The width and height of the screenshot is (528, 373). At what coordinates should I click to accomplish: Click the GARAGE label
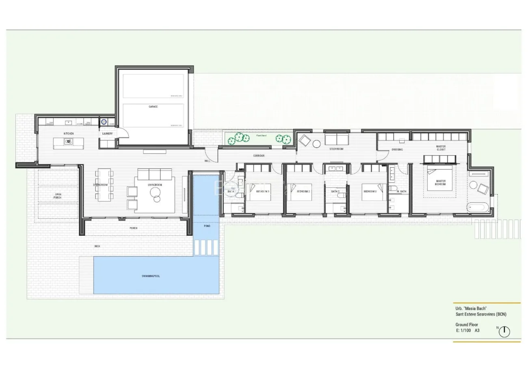153,107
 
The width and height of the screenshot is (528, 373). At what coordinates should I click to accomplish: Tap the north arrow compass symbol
504,331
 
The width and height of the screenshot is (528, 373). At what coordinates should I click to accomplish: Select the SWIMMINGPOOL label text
151,276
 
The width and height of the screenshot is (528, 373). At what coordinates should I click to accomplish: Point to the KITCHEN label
69,134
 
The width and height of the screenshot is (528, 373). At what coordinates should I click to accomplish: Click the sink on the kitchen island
68,142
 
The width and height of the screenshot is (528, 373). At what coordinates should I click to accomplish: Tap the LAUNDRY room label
107,134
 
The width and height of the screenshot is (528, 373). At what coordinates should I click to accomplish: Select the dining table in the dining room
104,185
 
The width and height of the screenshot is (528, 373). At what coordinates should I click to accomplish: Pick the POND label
207,226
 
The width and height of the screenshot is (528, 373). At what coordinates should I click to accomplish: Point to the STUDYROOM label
336,149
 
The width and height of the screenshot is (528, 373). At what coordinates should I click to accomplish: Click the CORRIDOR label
259,156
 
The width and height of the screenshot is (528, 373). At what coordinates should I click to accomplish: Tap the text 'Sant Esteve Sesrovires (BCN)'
481,314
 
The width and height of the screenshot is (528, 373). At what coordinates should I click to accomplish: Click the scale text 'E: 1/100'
463,330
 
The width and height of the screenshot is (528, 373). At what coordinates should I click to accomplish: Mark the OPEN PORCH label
58,196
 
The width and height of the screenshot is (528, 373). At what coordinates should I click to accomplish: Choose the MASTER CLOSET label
441,148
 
